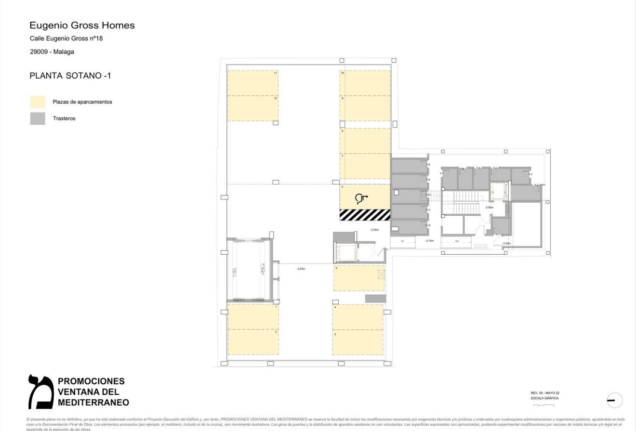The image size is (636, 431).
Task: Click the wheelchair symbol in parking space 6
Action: point(361,198)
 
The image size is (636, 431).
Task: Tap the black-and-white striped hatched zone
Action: point(365,215)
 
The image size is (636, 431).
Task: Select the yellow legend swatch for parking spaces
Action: point(38,102)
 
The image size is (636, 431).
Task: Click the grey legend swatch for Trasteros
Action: point(38,118)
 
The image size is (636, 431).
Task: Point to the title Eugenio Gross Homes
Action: point(82,26)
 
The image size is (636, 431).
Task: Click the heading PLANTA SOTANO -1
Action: point(70,76)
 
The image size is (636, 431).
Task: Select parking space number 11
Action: point(252,83)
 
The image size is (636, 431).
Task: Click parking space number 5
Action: point(358,278)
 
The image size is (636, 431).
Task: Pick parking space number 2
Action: point(252,342)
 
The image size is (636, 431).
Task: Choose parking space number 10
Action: point(365,83)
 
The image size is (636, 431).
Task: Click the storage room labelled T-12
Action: point(409,227)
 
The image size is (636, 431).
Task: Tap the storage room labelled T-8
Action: point(409,166)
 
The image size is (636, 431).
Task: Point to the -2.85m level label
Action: point(489,207)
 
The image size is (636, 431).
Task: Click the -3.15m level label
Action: point(429,241)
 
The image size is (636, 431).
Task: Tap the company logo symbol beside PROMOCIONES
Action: point(40,392)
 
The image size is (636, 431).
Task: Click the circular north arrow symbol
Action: point(614,400)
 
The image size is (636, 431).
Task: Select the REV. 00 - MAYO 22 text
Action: point(545,393)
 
